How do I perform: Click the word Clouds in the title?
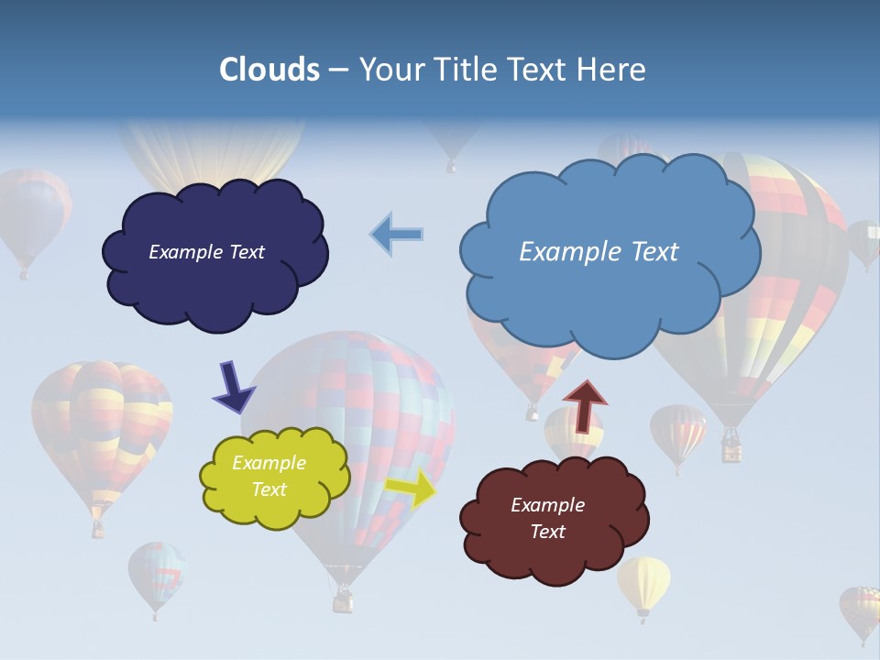(x=269, y=70)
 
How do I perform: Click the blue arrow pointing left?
(x=397, y=235)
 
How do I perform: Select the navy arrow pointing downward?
(x=233, y=386)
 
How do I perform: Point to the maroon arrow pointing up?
(x=585, y=404)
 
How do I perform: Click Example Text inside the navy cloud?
(x=206, y=252)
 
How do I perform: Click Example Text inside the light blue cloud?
(x=599, y=252)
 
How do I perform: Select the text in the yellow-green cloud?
(x=269, y=477)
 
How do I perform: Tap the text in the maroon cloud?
(x=547, y=518)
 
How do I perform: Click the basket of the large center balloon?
(x=343, y=600)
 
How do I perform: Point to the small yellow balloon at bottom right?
(x=643, y=582)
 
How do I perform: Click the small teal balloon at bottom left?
(x=155, y=573)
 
